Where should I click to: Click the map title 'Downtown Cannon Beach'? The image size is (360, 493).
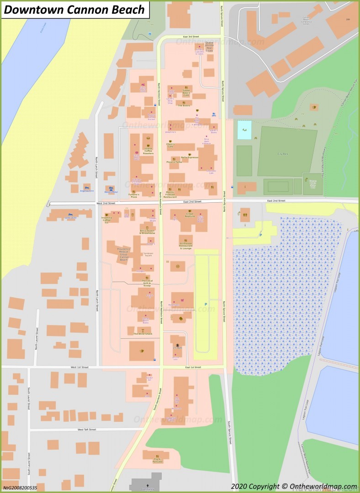pyautogui.click(x=74, y=10)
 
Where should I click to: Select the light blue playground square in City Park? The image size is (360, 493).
pyautogui.click(x=244, y=130)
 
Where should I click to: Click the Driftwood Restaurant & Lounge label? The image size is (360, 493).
pyautogui.click(x=185, y=246)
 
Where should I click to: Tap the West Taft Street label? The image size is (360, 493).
pyautogui.click(x=86, y=430)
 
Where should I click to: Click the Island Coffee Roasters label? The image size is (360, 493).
pyautogui.click(x=148, y=151)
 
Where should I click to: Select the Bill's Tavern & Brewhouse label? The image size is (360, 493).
pyautogui.click(x=148, y=232)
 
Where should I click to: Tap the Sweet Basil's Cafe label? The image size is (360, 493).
pyautogui.click(x=186, y=94)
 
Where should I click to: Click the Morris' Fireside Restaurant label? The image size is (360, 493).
pyautogui.click(x=170, y=194)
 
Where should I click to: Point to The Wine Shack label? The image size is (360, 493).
pyautogui.click(x=142, y=334)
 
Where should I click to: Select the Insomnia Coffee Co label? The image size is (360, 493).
pyautogui.click(x=106, y=220)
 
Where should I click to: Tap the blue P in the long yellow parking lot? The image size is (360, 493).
pyautogui.click(x=206, y=304)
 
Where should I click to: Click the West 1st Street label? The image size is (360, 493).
pyautogui.click(x=79, y=367)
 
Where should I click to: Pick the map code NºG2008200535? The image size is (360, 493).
pyautogui.click(x=20, y=488)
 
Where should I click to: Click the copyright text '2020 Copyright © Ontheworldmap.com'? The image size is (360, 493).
pyautogui.click(x=293, y=487)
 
